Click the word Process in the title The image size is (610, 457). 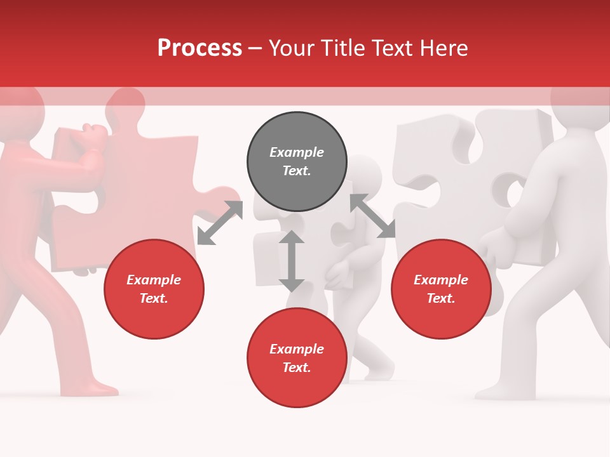pos(200,48)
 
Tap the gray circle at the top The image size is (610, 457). pos(297,162)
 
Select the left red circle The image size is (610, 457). pos(154,289)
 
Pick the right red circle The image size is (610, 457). pos(441,289)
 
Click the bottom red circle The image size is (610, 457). pos(297,358)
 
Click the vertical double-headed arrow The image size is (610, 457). pos(292,261)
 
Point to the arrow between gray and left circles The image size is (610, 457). pos(220,222)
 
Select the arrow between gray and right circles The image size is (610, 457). pos(372,216)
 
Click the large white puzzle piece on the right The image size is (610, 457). pos(445,171)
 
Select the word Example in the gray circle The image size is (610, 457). pos(297,152)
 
